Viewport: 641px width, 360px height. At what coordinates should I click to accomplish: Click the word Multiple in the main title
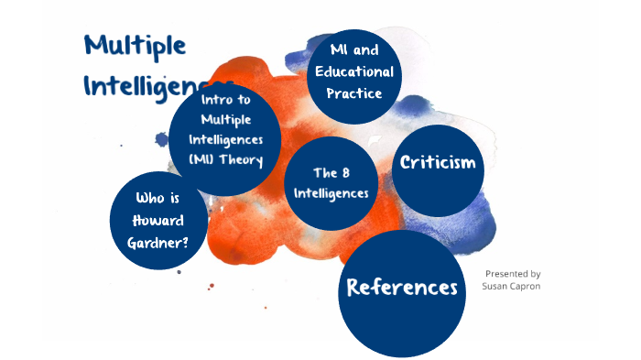click(x=135, y=45)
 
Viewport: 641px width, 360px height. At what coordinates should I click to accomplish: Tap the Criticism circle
click(x=439, y=169)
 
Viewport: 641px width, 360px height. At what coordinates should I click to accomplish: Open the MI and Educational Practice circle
click(x=354, y=71)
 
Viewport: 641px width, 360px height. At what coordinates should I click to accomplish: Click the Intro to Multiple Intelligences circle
click(x=225, y=139)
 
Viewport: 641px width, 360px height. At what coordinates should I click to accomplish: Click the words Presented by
click(x=513, y=273)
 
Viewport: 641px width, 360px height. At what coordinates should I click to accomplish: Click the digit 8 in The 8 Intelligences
click(x=347, y=172)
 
